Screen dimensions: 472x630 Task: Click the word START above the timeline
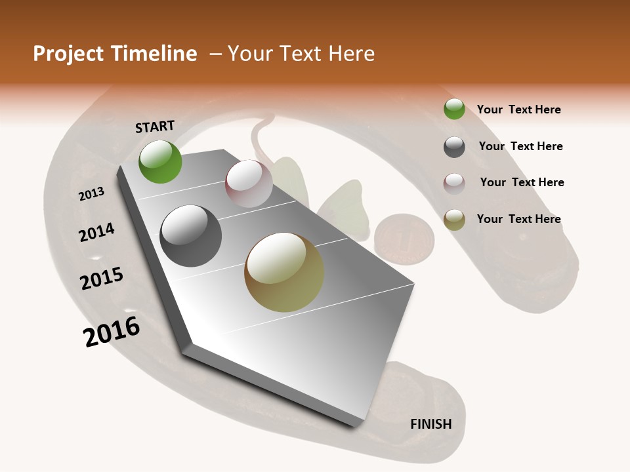tap(155, 127)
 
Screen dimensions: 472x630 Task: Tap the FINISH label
tap(430, 424)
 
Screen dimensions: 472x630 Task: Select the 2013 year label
tap(91, 194)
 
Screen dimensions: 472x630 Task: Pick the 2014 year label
tap(96, 233)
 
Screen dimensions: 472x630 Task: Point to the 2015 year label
tap(102, 279)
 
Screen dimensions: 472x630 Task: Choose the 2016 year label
tap(112, 332)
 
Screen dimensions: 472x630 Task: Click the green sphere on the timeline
tap(160, 162)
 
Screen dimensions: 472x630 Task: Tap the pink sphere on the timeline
tap(249, 184)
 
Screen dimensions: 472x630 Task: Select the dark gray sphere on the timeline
tap(190, 236)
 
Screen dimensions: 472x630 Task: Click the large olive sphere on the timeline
tap(284, 272)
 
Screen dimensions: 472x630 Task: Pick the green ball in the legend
tap(454, 109)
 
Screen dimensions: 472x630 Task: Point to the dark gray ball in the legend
tap(454, 147)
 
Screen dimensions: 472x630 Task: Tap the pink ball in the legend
tap(454, 183)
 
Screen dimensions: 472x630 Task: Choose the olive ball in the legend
tap(454, 219)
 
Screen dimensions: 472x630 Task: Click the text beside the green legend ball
tap(518, 109)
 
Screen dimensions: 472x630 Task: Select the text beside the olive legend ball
tap(518, 219)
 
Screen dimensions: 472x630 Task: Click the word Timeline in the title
tap(154, 54)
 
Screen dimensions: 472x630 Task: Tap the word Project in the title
tap(68, 54)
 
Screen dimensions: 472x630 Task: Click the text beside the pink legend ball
tap(522, 182)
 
